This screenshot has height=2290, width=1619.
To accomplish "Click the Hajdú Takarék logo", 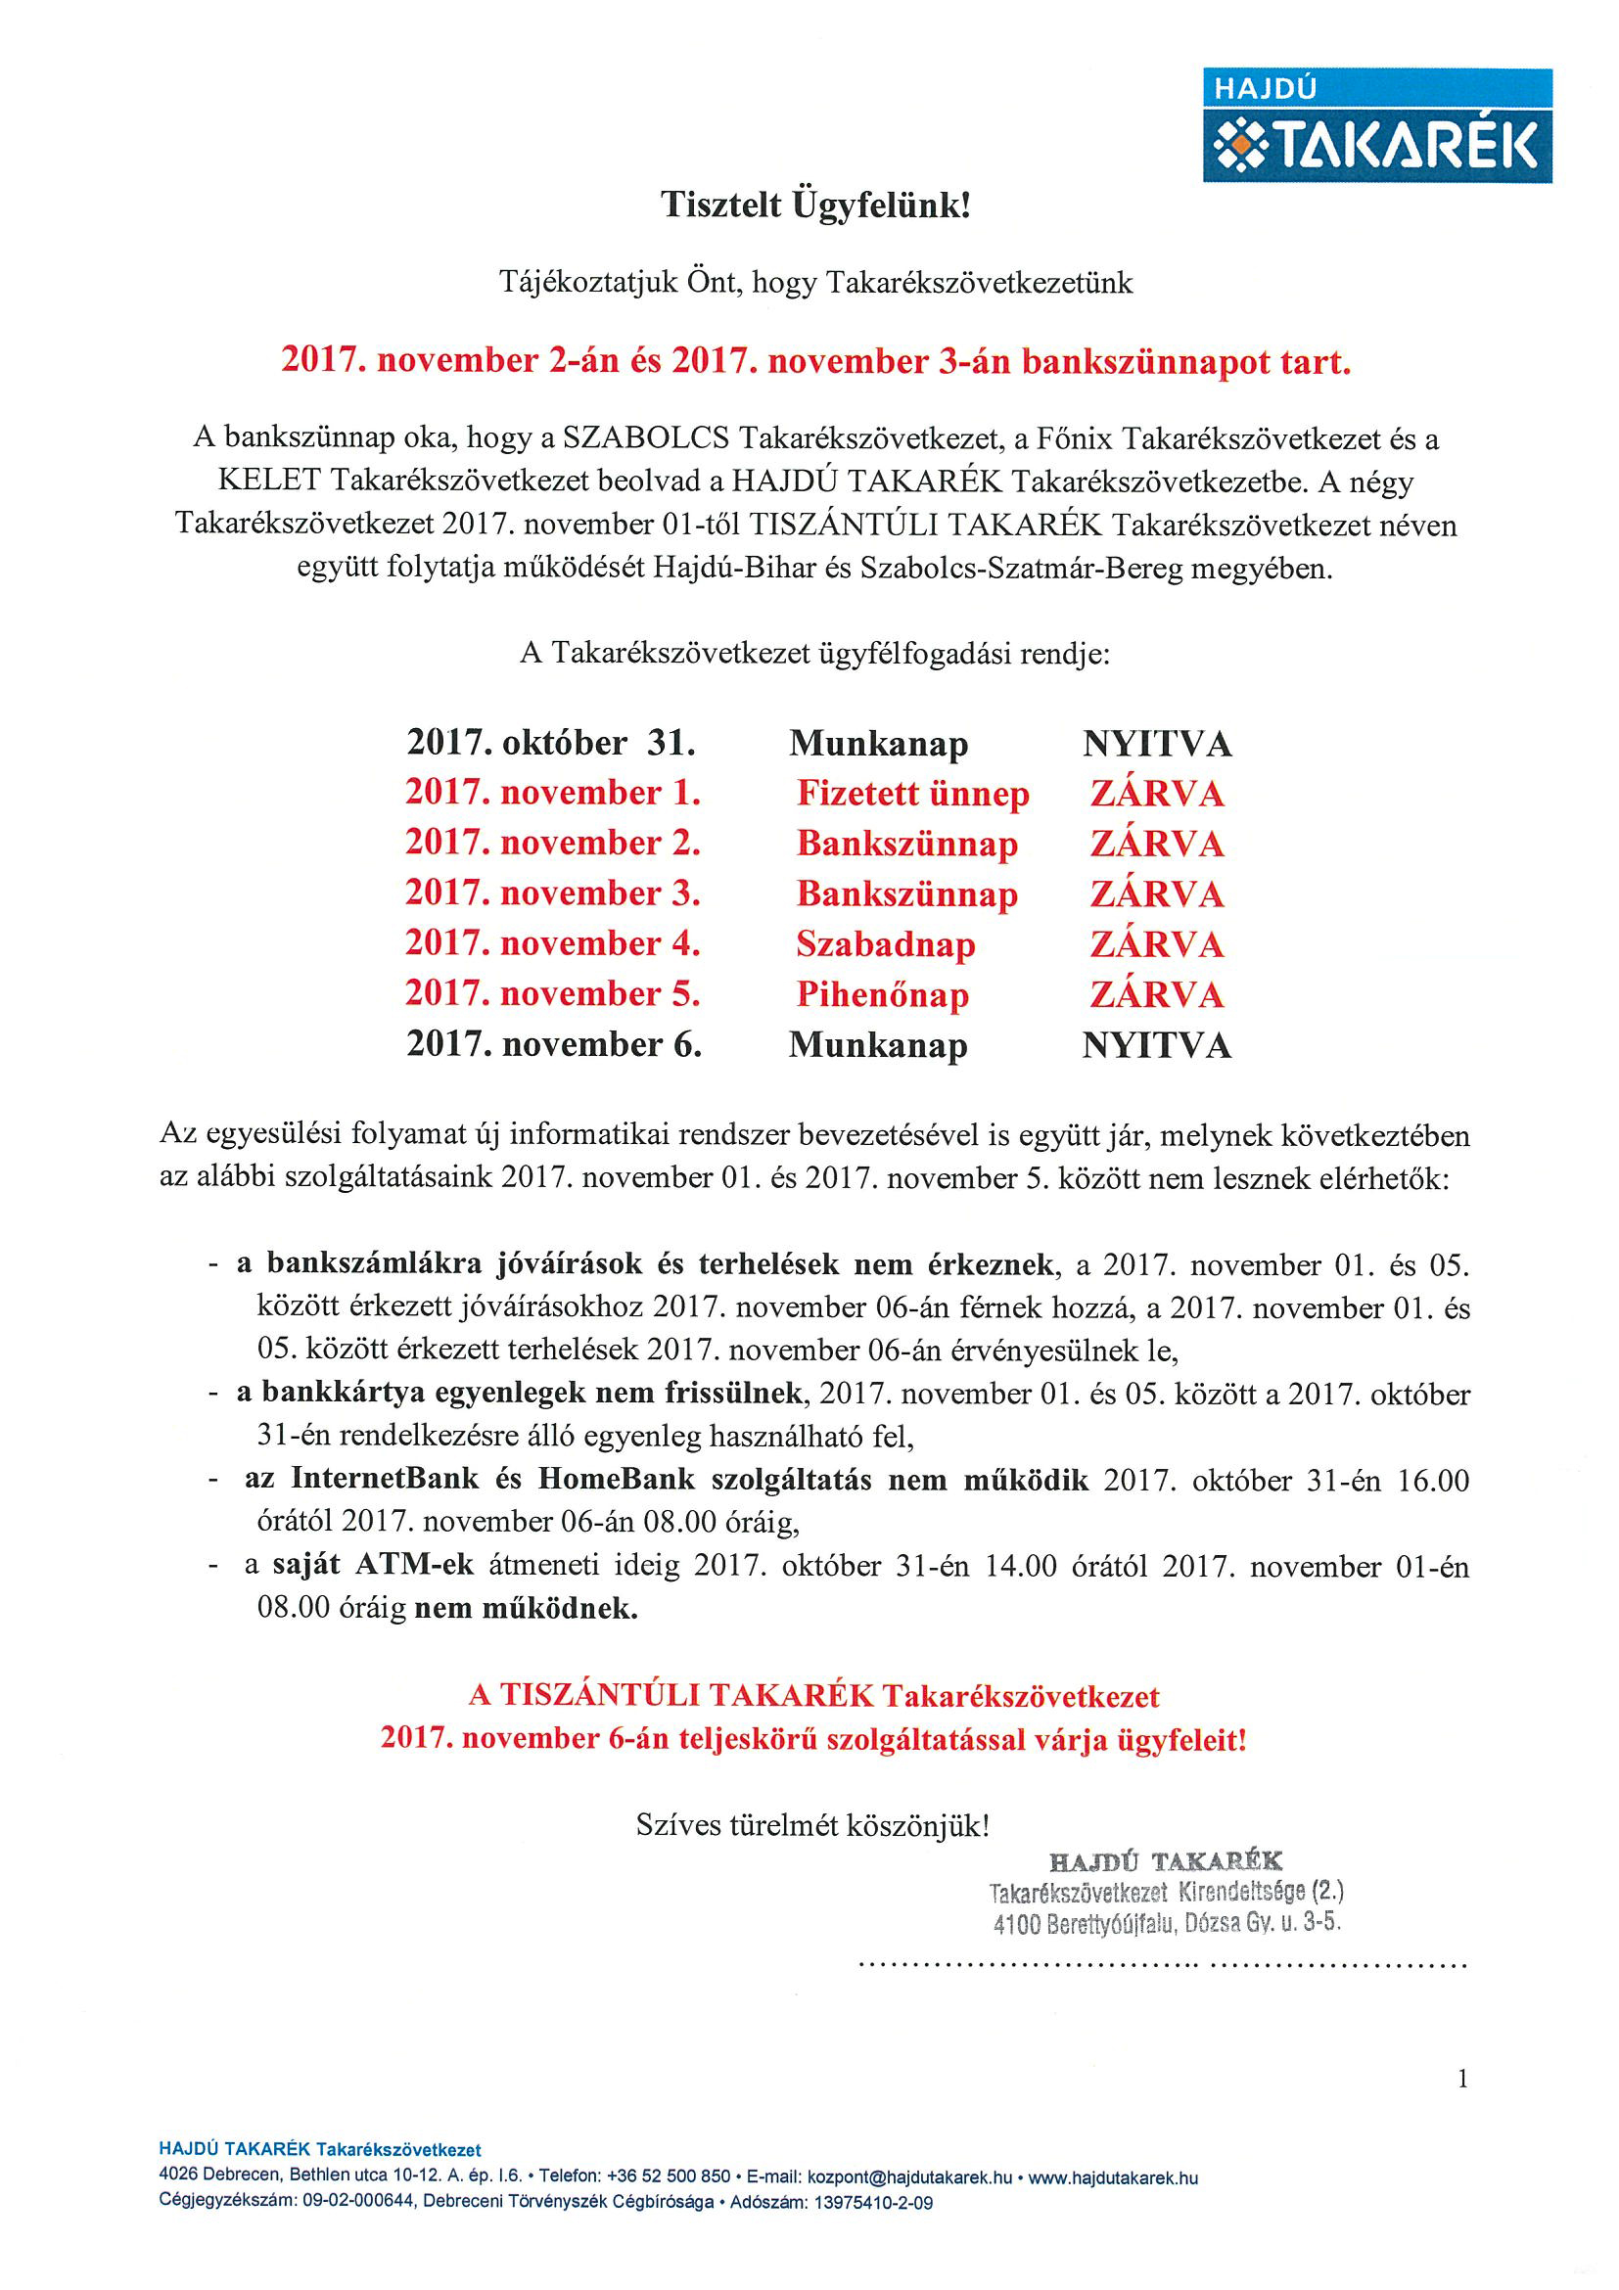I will pos(1376,125).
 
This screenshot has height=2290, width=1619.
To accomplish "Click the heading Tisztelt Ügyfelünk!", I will pos(815,205).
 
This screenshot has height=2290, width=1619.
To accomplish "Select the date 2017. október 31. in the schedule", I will pos(551,743).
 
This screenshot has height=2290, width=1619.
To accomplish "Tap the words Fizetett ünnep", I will pos(911,794).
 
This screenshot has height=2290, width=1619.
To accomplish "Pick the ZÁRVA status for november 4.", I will pos(1156,944).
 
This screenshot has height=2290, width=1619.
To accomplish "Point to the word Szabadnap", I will pos(885,944).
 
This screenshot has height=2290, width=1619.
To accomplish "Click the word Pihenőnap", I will pos(882,994).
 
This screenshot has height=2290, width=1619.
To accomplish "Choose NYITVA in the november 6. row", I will pos(1156,1045).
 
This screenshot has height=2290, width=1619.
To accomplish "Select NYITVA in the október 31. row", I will pos(1156,744).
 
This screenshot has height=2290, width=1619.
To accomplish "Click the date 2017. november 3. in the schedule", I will pos(553,893).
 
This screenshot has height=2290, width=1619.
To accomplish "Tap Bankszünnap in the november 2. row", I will pos(906,844).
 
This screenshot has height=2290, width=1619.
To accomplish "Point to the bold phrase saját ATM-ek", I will pos(372,1564).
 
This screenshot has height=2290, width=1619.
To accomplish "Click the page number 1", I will pos(1462,2080).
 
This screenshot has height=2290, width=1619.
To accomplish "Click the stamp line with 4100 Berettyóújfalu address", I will pos(1166,1923).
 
